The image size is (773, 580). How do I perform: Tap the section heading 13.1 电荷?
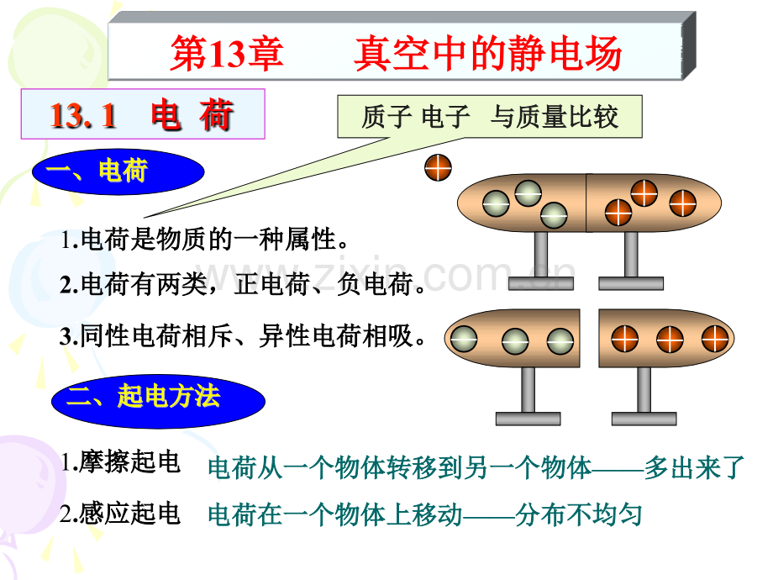[142, 116]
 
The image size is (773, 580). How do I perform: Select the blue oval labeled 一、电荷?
[119, 173]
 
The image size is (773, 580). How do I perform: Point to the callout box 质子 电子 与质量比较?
[490, 117]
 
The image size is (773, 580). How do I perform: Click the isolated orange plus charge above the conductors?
[439, 166]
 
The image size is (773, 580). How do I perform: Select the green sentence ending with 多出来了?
[476, 468]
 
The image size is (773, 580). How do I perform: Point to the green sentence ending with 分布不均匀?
[424, 514]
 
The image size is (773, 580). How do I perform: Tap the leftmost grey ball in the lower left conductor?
[463, 339]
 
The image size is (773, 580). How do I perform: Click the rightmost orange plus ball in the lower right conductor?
[716, 340]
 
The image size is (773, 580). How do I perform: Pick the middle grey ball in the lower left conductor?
[514, 341]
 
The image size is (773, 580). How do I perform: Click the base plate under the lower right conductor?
[644, 418]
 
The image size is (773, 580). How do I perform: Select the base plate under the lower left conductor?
[528, 418]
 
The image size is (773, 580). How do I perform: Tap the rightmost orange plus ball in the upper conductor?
[682, 203]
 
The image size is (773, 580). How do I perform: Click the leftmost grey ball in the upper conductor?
[497, 203]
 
